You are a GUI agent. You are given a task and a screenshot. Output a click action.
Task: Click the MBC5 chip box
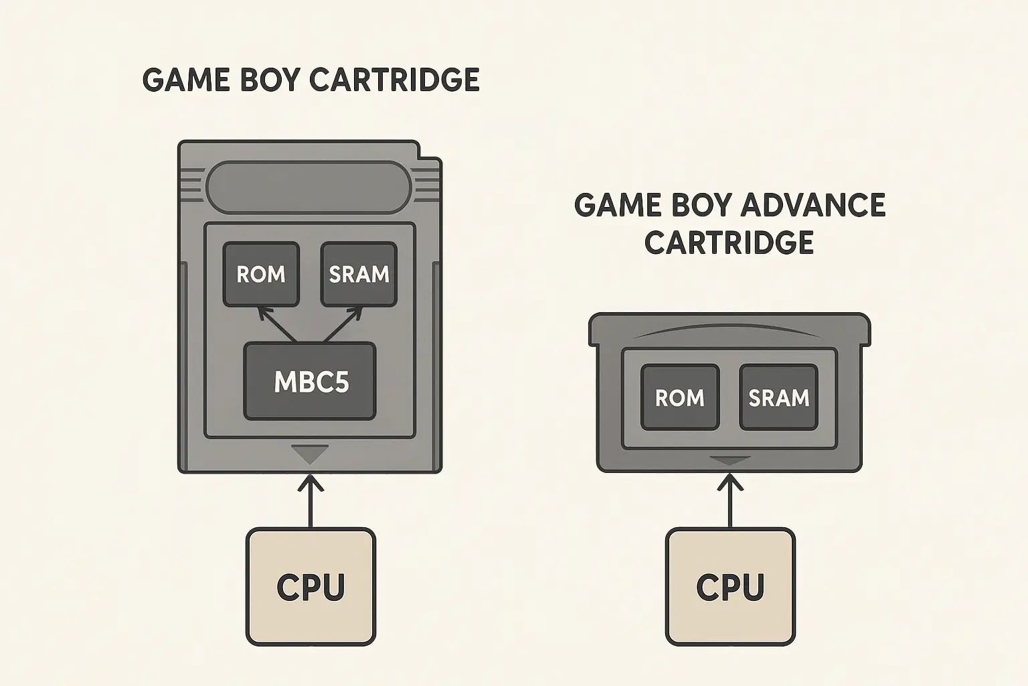click(x=310, y=381)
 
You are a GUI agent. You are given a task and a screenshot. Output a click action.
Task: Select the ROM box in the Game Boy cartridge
click(x=261, y=274)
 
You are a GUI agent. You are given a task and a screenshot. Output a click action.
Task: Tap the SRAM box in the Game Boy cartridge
click(x=359, y=274)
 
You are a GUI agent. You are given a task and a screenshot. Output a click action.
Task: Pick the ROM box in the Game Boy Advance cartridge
click(x=680, y=397)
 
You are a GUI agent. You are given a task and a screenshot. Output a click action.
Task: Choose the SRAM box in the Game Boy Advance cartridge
click(x=779, y=397)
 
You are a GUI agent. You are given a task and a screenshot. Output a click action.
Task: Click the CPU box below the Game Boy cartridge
click(x=311, y=587)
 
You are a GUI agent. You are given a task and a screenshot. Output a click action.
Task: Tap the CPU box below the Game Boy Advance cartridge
click(x=730, y=587)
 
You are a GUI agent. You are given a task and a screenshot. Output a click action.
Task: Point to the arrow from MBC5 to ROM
click(x=276, y=324)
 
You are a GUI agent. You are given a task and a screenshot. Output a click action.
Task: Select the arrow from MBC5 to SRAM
click(x=343, y=324)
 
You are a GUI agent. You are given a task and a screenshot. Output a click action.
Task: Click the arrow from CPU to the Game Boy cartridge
click(x=311, y=501)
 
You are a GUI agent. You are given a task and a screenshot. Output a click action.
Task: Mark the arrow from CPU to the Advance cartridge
click(x=730, y=501)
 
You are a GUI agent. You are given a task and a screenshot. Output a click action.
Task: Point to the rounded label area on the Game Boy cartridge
click(x=309, y=187)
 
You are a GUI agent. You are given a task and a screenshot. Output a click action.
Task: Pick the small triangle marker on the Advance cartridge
click(x=730, y=460)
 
